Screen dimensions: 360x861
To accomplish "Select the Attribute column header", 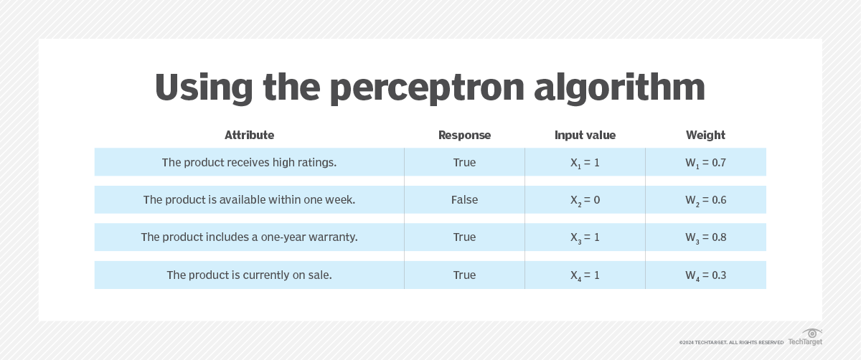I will point(249,135).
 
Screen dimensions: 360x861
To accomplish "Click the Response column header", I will point(464,135).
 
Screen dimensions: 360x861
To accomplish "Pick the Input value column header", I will point(585,135).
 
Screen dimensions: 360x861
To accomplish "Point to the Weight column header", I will point(705,135).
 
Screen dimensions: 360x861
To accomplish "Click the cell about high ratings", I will point(249,163).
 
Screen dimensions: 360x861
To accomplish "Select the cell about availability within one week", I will point(249,200).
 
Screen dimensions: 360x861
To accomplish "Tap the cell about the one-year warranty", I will point(249,237).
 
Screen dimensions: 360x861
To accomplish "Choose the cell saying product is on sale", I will point(249,275).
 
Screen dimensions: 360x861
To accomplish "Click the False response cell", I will point(464,200).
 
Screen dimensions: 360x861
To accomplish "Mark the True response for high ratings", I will point(464,163).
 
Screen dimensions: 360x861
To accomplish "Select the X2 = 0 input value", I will point(585,200).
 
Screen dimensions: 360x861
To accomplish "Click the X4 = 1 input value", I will point(585,275).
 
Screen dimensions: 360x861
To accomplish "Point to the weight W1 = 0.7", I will point(705,163).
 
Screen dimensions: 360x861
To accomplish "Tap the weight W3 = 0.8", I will point(705,237).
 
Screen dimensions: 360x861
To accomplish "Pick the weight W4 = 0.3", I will point(705,275).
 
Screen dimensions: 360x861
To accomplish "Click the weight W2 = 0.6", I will point(705,200).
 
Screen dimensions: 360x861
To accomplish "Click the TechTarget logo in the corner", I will point(806,338).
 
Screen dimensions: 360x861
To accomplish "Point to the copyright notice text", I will point(731,343).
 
